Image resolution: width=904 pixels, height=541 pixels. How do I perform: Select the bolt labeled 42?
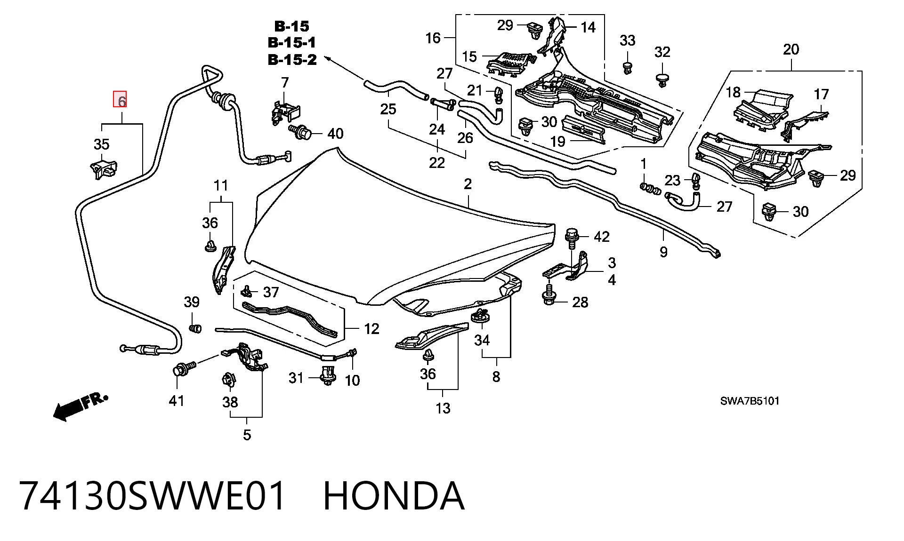click(x=572, y=239)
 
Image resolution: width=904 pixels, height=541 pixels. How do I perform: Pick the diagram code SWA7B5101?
click(x=750, y=401)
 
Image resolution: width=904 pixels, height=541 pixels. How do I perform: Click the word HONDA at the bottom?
click(x=394, y=496)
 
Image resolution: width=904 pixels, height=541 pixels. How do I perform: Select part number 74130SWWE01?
click(x=153, y=496)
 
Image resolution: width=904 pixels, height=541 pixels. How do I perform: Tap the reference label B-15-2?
click(x=292, y=60)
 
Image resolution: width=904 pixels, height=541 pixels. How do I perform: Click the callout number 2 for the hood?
click(x=467, y=184)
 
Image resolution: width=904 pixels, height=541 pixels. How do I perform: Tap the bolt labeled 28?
click(x=549, y=294)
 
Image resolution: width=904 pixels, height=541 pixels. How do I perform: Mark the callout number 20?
click(x=791, y=49)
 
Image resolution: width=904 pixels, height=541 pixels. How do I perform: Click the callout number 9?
click(x=663, y=252)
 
